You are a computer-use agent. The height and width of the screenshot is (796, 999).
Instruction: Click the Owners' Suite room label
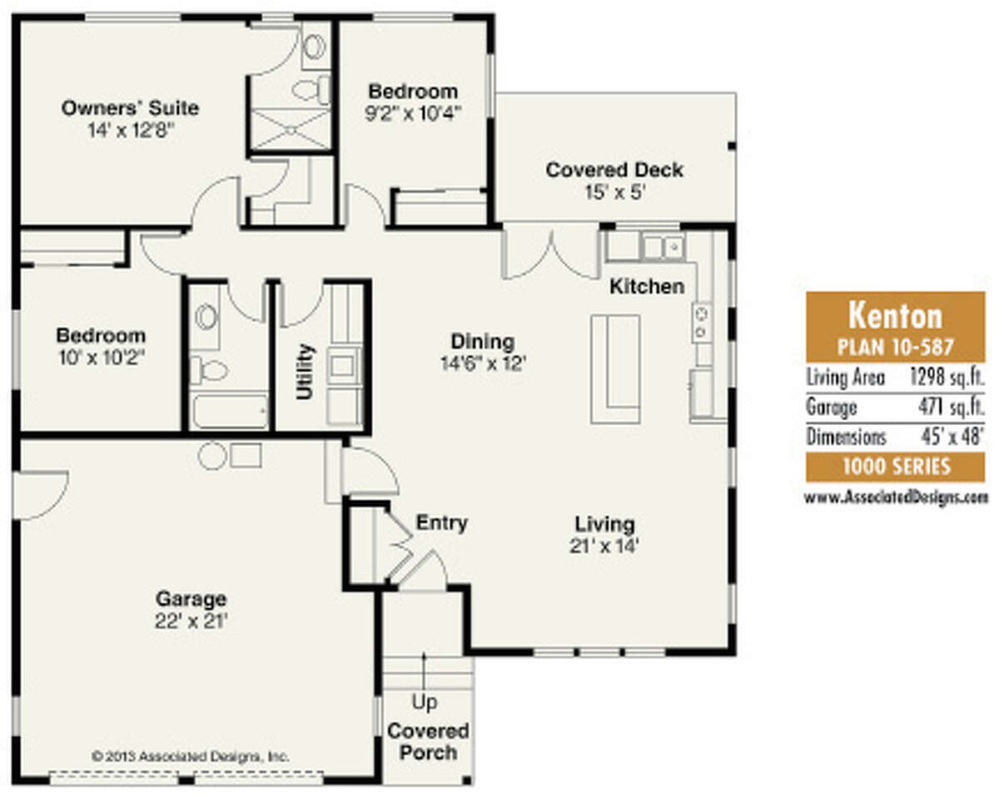point(130,108)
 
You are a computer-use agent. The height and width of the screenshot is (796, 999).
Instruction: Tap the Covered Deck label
point(614,171)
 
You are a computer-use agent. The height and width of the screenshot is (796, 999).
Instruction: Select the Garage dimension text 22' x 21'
point(191,620)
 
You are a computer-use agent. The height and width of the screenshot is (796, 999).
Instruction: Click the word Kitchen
point(647,287)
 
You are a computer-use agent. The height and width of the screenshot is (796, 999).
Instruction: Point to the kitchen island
point(615,368)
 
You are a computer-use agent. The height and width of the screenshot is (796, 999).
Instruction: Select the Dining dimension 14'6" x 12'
point(483,363)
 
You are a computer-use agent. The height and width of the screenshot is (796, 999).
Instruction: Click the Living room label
point(604,525)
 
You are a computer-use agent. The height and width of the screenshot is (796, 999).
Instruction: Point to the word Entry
point(441,523)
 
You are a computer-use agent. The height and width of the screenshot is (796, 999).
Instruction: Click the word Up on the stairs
point(425,703)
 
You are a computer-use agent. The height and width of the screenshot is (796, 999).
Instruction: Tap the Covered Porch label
point(428,742)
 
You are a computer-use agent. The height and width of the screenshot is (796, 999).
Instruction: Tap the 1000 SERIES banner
point(895,467)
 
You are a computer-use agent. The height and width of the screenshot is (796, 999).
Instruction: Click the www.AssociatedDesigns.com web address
point(896,497)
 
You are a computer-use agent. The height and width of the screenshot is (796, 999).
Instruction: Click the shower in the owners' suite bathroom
point(291,130)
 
